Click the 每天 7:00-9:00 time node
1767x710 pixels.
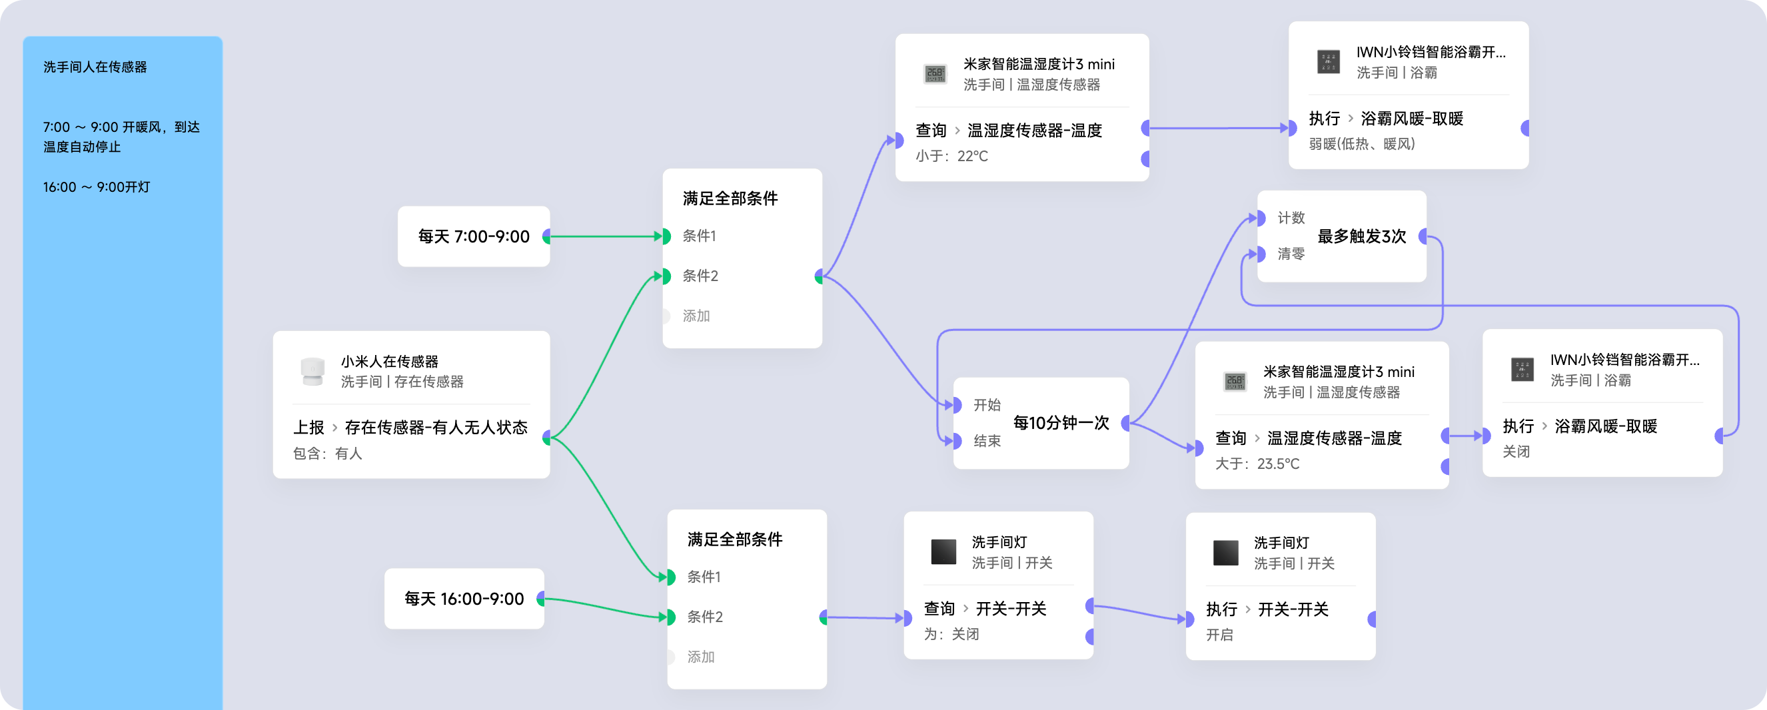coord(473,236)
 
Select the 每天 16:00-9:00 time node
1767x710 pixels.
coord(464,599)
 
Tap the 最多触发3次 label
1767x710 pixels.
coord(1361,236)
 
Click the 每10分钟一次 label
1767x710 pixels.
coord(1061,423)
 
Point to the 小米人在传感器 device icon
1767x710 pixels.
coord(312,371)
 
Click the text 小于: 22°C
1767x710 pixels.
coord(951,157)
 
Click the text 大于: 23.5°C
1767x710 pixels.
coord(1257,464)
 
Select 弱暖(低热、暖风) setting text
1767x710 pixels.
coord(1362,144)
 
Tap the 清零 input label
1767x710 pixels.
coord(1290,254)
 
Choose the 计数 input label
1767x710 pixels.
coord(1290,218)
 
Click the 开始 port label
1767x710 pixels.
coord(986,406)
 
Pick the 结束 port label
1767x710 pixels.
coord(986,442)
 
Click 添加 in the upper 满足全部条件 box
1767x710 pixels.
coord(696,316)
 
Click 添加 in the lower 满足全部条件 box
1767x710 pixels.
coord(700,657)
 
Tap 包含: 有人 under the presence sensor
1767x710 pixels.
coord(327,454)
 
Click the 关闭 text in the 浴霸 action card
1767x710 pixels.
coord(1516,452)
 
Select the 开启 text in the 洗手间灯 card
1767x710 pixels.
coord(1219,635)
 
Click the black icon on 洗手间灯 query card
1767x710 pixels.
coord(943,552)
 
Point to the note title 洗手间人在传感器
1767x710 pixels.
coord(95,67)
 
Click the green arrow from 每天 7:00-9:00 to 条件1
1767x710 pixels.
coord(604,236)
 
